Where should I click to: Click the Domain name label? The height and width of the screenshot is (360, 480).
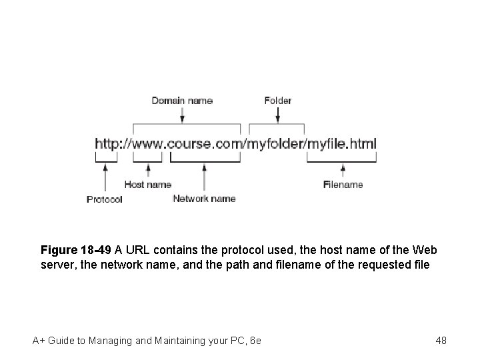[182, 101]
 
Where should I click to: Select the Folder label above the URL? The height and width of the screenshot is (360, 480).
[278, 101]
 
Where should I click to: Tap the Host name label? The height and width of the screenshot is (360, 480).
[147, 185]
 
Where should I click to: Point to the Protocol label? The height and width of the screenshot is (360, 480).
[105, 199]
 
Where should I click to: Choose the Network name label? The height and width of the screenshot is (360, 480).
[204, 198]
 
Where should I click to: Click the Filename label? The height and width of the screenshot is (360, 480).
[343, 185]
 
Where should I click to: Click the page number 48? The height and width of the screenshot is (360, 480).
[441, 341]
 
